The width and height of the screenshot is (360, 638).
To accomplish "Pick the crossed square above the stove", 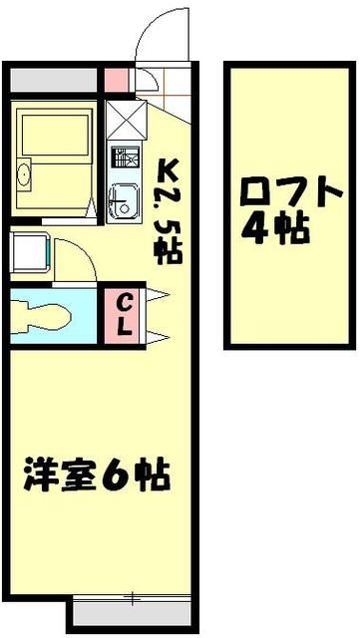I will [123, 121].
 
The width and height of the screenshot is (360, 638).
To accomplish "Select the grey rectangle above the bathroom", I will [56, 79].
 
